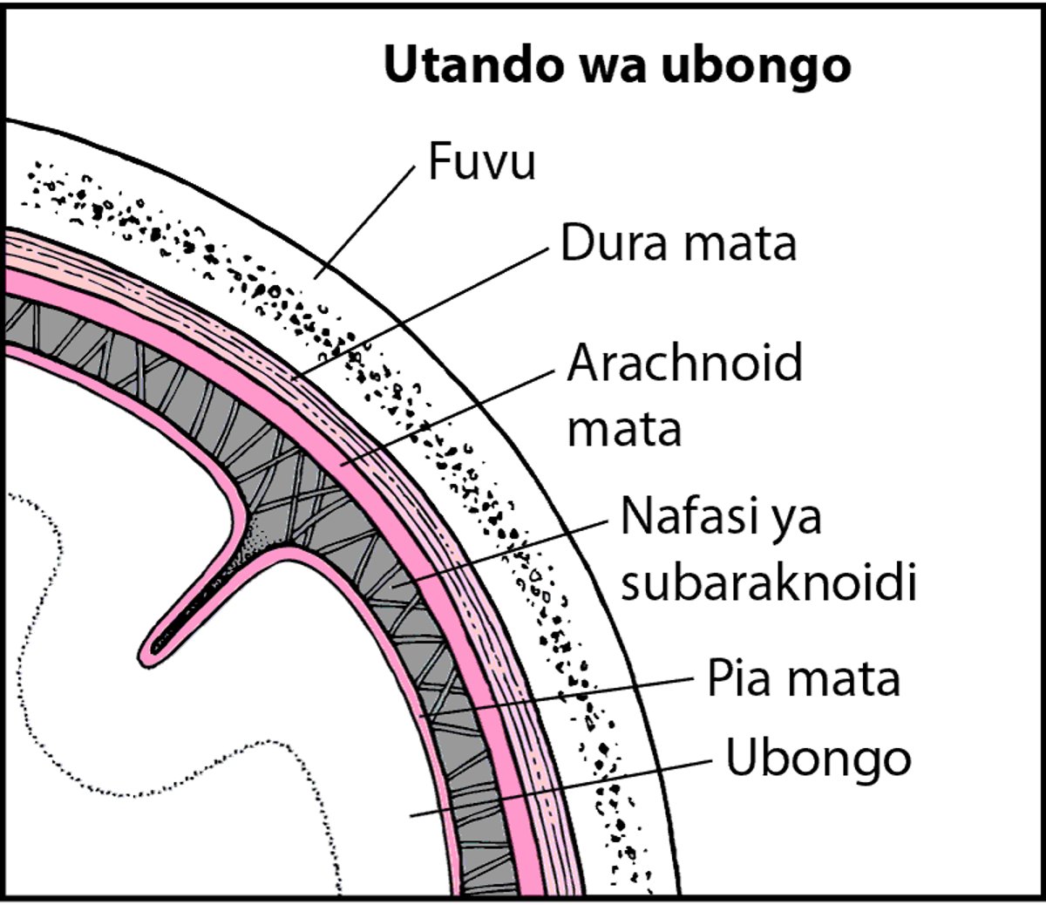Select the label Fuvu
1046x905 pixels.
481,162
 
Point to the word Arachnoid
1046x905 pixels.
684,362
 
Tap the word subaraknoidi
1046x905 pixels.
768,583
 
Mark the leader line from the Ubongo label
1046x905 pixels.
558,787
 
